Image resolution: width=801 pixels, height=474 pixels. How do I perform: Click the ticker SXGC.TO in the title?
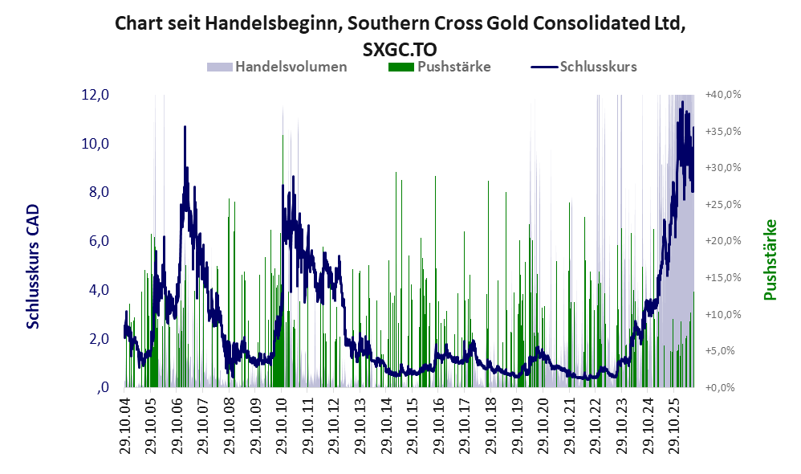click(400, 49)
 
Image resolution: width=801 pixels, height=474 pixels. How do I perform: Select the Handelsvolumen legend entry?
click(277, 67)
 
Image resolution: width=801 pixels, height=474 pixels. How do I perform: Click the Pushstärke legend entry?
click(439, 67)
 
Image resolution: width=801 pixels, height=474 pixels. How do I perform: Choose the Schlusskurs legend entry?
click(583, 67)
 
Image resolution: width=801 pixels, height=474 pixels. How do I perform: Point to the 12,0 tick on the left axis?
click(96, 95)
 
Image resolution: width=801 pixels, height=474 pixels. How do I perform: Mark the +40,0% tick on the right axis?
click(723, 95)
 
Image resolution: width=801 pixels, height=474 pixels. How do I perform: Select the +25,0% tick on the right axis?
click(723, 205)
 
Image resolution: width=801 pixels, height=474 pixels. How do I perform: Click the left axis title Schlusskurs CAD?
click(33, 267)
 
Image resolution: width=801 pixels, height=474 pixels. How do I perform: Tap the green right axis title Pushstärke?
click(770, 259)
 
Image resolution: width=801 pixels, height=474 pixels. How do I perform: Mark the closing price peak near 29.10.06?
click(185, 127)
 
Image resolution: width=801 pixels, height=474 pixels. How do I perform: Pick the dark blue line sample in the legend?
click(543, 67)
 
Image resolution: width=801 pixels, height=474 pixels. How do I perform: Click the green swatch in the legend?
click(401, 67)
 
